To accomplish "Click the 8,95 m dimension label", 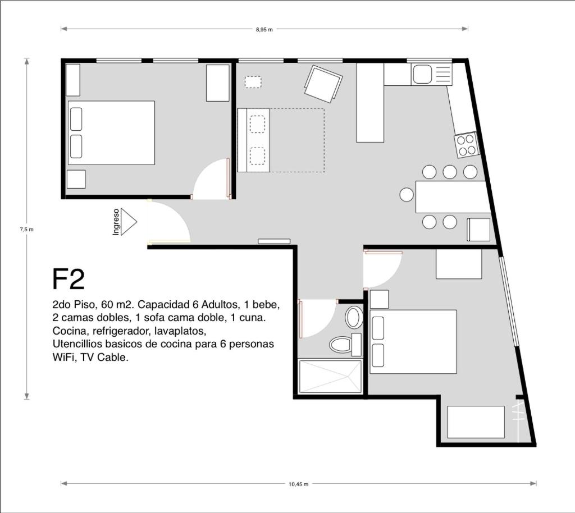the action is (x=264, y=30).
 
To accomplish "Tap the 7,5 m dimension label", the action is (x=26, y=230).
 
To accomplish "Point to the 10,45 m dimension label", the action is (x=298, y=484).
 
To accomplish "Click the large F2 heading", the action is (x=69, y=279).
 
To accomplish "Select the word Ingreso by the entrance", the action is (x=116, y=222).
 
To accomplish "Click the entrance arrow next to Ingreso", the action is (x=129, y=222).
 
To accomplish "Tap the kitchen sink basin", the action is (x=422, y=74).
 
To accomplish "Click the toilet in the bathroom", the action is (x=345, y=344).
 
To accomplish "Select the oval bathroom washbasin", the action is (x=354, y=317).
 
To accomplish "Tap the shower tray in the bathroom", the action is (x=330, y=377).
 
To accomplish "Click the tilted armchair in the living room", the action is (x=323, y=85).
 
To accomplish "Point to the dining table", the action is (x=453, y=197).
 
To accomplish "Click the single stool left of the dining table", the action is (x=407, y=195).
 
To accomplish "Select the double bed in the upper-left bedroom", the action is (x=112, y=132).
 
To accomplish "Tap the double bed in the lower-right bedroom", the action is (x=413, y=341).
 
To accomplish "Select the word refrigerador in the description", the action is (x=119, y=331).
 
